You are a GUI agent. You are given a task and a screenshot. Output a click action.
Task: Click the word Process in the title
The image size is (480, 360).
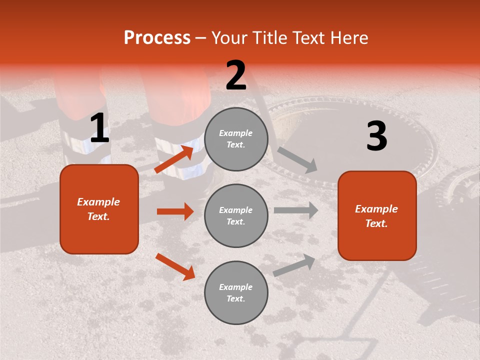(157, 38)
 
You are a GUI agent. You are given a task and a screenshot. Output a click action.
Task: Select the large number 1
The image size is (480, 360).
(99, 129)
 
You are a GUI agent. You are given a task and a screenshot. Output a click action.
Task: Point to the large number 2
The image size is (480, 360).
(236, 75)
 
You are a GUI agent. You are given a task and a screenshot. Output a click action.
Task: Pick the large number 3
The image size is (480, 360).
(376, 136)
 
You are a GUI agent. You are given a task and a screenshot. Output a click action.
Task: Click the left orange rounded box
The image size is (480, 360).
(99, 209)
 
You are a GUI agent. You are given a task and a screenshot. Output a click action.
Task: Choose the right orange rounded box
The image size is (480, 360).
(377, 216)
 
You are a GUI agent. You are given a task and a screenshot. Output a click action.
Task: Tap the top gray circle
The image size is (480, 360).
(236, 139)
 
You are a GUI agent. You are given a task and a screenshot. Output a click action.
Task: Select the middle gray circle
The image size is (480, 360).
(236, 215)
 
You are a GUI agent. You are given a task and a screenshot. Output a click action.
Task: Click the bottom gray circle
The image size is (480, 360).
(236, 292)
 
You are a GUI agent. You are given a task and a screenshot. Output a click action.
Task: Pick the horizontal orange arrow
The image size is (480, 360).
(175, 211)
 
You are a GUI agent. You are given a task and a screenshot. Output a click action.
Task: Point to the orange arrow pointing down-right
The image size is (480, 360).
(175, 266)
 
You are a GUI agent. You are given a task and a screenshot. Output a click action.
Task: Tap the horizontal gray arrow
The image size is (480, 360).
(296, 210)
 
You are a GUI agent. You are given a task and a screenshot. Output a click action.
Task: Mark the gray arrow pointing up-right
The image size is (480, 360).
(294, 265)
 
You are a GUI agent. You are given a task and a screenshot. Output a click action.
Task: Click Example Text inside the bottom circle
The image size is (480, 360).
(236, 292)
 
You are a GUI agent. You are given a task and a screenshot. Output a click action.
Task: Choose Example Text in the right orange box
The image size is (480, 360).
(377, 216)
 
